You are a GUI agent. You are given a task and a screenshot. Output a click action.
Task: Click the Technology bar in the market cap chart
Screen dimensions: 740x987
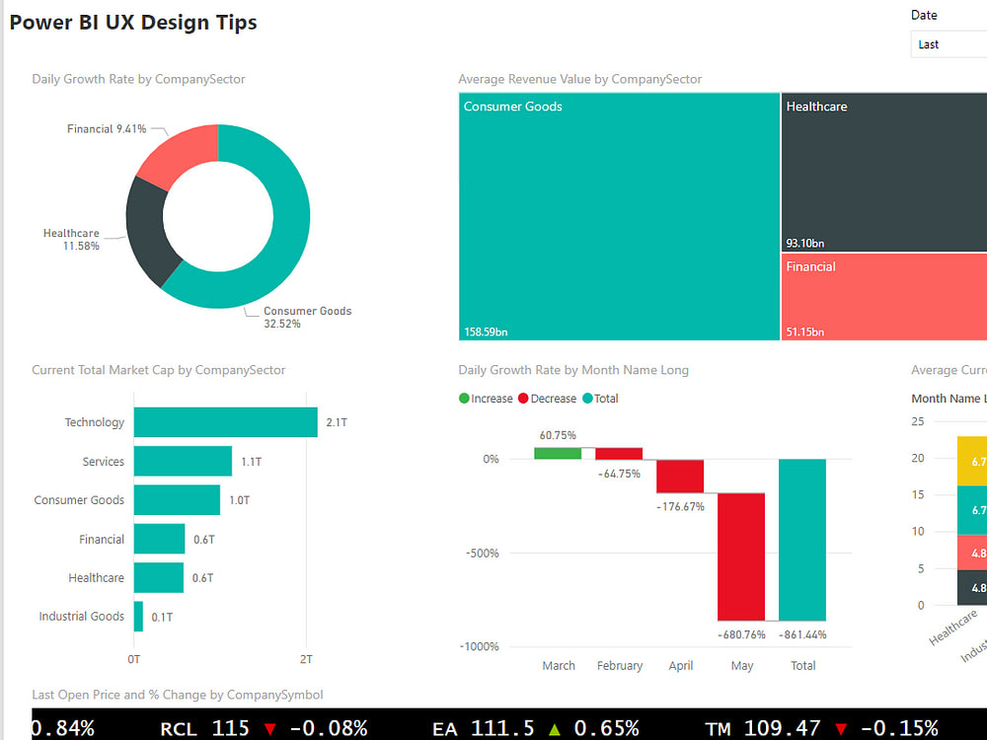(225, 422)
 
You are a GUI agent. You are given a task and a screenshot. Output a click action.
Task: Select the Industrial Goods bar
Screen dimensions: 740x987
(138, 617)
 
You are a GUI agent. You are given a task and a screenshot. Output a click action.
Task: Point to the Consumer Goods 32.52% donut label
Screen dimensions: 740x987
(306, 317)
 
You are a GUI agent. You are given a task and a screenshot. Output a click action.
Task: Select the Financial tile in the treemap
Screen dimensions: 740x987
(883, 296)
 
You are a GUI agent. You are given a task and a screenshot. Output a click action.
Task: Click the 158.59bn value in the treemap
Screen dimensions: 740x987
(486, 332)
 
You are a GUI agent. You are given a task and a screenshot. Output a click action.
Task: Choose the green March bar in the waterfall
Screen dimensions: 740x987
(558, 453)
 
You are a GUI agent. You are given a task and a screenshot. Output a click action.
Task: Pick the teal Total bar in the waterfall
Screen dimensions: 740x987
(802, 540)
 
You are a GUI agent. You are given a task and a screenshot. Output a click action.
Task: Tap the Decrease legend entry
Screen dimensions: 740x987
(550, 399)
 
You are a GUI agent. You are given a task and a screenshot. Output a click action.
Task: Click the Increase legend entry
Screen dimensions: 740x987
(486, 399)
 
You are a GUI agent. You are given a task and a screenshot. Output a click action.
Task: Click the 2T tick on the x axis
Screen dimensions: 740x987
(306, 659)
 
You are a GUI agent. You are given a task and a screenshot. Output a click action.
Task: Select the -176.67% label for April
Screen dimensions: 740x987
(680, 506)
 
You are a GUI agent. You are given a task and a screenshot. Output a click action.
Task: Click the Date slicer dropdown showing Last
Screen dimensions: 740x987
(948, 44)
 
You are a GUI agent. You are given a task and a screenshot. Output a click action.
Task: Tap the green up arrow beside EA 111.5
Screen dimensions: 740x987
(554, 729)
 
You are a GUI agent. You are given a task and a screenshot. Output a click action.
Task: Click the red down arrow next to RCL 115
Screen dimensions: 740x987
(270, 729)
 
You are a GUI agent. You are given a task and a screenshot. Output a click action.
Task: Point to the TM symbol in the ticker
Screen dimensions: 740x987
(718, 729)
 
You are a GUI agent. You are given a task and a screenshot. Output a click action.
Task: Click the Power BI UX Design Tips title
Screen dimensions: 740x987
(133, 23)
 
